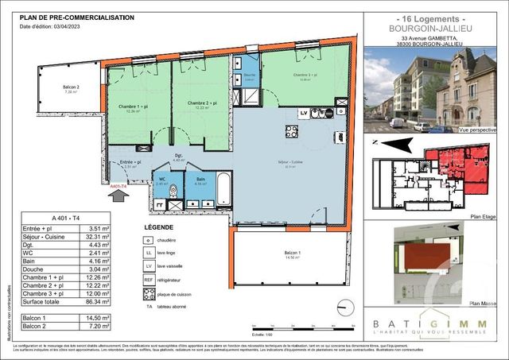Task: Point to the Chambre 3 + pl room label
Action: pyautogui.click(x=305, y=75)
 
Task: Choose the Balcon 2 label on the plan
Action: pyautogui.click(x=72, y=87)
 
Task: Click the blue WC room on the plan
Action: pyautogui.click(x=162, y=188)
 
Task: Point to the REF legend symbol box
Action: pyautogui.click(x=149, y=280)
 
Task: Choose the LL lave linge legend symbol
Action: pyautogui.click(x=149, y=253)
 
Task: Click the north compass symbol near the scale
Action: pyautogui.click(x=343, y=307)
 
